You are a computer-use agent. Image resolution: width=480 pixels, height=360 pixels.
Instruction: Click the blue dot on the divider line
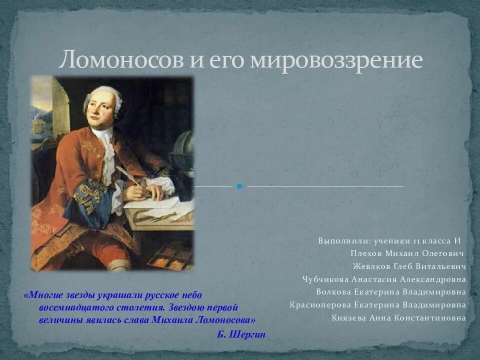[x=239, y=186]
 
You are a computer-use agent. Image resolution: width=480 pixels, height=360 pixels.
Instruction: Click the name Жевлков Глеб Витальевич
[x=409, y=266]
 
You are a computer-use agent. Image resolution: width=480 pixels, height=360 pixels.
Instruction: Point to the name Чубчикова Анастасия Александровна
[x=384, y=279]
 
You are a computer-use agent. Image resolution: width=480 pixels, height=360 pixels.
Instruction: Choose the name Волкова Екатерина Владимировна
[x=390, y=292]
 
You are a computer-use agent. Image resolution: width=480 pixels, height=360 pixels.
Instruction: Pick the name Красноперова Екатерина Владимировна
[x=377, y=305]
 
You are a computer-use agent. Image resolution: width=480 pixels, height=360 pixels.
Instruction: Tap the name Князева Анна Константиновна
[x=398, y=318]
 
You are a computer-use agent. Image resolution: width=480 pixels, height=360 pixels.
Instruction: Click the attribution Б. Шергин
[x=241, y=334]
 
